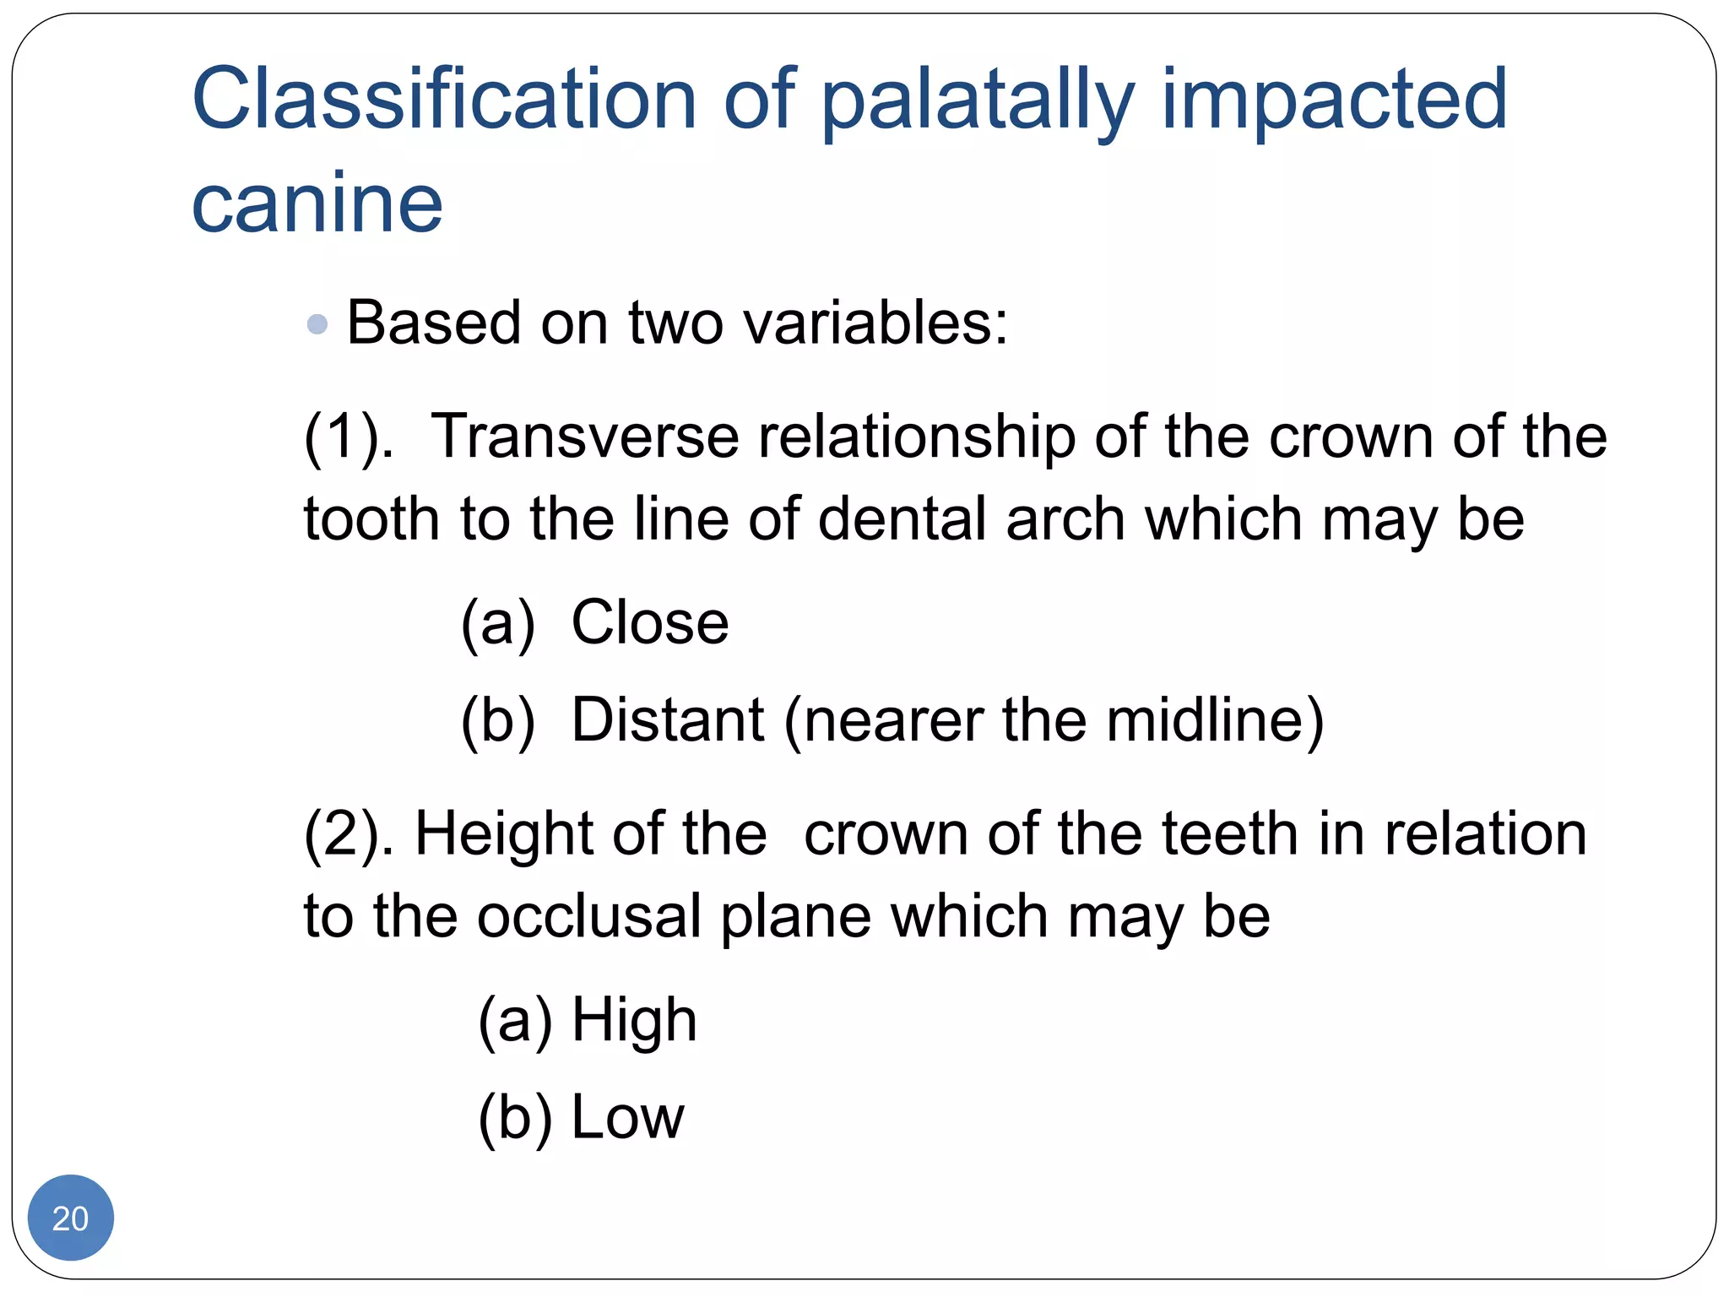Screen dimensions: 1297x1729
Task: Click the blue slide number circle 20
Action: point(70,1218)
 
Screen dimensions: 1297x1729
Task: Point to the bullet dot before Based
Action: point(317,324)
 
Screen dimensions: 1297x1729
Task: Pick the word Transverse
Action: point(584,437)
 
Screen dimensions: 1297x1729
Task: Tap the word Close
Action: point(650,623)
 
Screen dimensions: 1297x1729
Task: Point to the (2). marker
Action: point(349,834)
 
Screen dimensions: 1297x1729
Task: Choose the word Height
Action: point(504,834)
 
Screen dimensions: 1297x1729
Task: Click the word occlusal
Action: point(588,917)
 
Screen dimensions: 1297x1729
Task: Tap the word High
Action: point(634,1020)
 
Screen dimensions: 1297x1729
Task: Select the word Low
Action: point(627,1118)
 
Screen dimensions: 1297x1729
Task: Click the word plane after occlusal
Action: point(795,919)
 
